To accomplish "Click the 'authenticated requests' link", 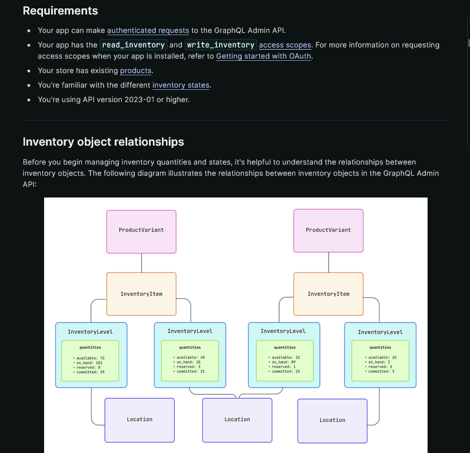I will pos(140,31).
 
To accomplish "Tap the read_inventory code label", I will pos(133,45).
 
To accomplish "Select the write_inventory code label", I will pos(220,45).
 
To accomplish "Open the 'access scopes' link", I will pos(285,45).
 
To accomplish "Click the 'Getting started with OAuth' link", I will pos(263,56).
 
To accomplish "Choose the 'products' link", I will pos(136,71).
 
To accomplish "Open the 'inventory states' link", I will pos(181,85).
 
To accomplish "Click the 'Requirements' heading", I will pos(60,11).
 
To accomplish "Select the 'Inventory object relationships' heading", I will pos(103,142).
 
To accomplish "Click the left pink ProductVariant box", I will pos(141,230).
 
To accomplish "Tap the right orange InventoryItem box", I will pos(328,294).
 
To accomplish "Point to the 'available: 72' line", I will pos(90,358).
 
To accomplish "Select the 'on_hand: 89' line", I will pos(284,362).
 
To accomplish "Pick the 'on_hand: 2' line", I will pos(379,362).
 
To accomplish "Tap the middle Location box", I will pos(237,420).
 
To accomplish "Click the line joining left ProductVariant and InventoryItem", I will pos(141,262).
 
